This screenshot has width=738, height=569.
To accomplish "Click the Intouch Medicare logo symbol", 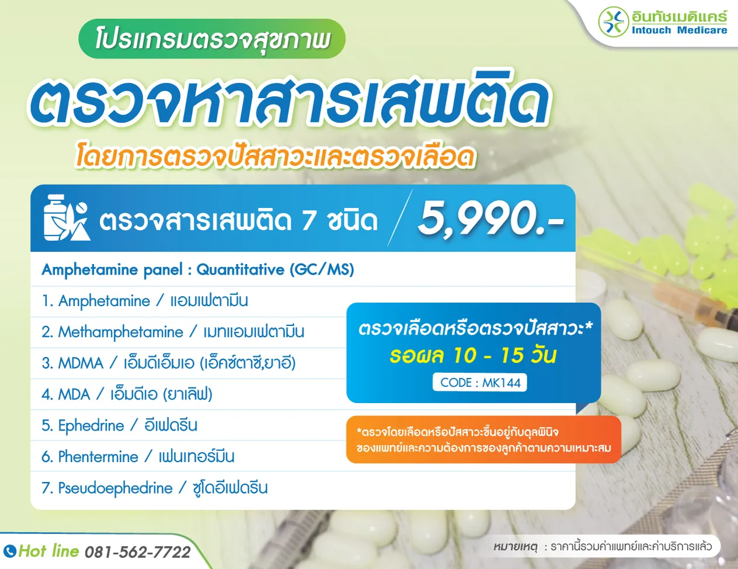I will (613, 22).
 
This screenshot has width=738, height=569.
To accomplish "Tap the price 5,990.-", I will (489, 218).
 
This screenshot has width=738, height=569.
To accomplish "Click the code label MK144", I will (480, 383).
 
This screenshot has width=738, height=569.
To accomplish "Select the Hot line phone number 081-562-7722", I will (138, 552).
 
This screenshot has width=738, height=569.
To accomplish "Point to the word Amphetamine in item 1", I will (105, 301).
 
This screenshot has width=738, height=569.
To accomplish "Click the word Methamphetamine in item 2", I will (121, 332).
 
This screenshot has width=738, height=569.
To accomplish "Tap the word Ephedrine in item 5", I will (91, 425).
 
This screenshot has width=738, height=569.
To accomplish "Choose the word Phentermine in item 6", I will (98, 456).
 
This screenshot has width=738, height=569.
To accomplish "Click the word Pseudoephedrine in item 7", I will (116, 488).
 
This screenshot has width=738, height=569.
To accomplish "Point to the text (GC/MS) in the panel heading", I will (322, 269).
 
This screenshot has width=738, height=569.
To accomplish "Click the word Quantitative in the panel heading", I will (240, 269).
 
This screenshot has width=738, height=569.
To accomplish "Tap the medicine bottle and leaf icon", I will (66, 218).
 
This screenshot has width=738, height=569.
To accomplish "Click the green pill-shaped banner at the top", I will (211, 39).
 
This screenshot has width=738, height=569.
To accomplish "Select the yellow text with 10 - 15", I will (473, 355).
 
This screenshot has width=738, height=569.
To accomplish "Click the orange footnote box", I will (483, 439).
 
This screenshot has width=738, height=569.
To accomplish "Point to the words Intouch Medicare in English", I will (679, 30).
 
